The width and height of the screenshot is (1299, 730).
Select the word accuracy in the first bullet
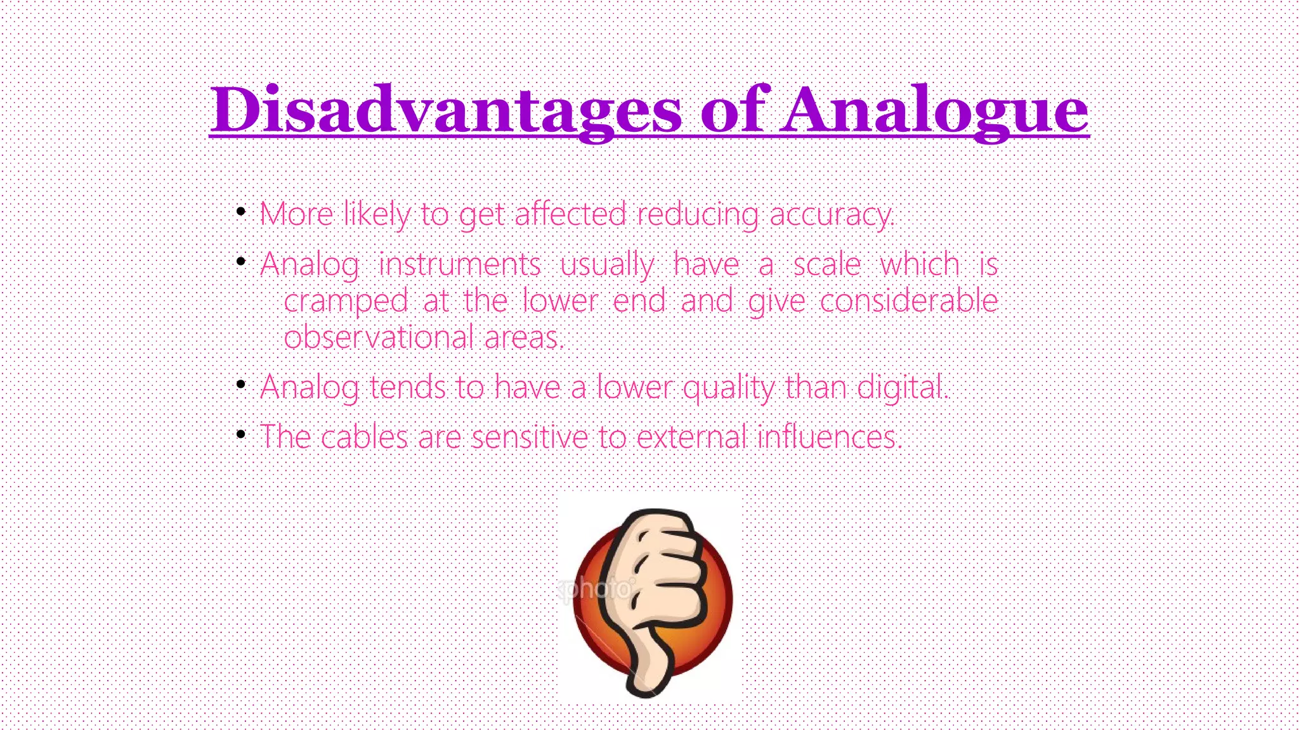click(831, 214)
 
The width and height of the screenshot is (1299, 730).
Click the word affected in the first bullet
click(570, 214)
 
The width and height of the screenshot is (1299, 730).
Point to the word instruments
click(459, 264)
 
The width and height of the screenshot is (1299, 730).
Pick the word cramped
click(346, 300)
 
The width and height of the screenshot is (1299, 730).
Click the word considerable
click(908, 300)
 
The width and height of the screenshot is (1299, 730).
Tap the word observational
click(379, 337)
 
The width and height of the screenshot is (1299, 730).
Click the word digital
click(902, 387)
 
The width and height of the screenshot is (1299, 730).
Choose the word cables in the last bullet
click(364, 437)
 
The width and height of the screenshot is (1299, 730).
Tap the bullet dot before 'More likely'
click(240, 212)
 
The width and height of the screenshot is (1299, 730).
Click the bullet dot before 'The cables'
click(240, 434)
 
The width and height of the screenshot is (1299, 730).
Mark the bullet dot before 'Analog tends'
click(240, 385)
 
